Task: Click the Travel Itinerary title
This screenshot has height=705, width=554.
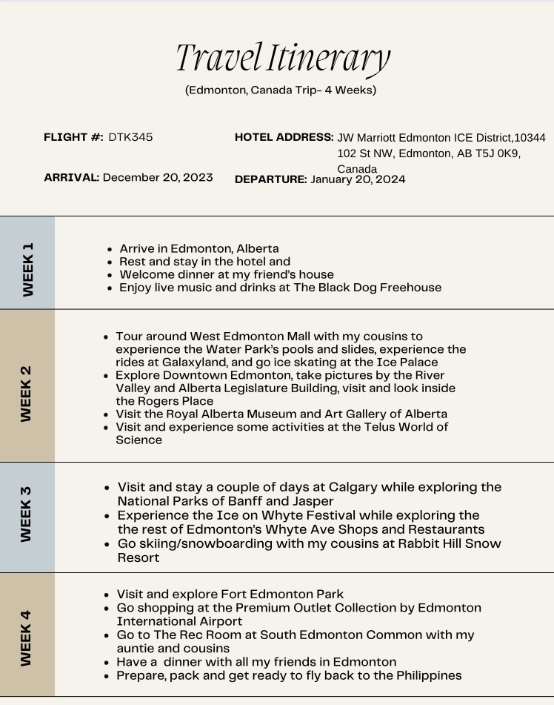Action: (282, 58)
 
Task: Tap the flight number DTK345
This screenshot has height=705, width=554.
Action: (130, 137)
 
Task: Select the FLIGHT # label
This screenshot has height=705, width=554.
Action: (73, 137)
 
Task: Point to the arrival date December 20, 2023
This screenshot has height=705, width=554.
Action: (158, 177)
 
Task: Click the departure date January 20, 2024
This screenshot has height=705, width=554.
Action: (358, 179)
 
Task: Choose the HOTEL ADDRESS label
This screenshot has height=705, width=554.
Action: (284, 137)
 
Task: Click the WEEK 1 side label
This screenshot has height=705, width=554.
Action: (27, 269)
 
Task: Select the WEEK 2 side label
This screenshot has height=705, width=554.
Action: (27, 394)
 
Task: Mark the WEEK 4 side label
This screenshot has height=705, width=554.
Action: (27, 638)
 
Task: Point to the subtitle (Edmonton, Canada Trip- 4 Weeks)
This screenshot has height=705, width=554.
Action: (281, 90)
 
